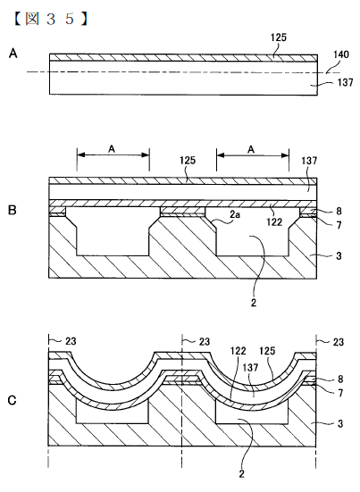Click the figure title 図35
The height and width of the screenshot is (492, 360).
point(50,19)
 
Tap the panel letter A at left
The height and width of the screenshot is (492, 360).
point(13,54)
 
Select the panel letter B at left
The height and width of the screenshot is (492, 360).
point(13,210)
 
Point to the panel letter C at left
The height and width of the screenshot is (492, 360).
point(12,401)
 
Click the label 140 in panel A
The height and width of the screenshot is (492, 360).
point(341,54)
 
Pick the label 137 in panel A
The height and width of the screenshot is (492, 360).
point(345,82)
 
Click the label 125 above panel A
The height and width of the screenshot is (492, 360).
point(279,38)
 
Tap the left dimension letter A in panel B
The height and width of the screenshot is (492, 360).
point(112,149)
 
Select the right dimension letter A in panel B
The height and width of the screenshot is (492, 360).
point(251,149)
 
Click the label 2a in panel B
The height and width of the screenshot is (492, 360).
point(235,215)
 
